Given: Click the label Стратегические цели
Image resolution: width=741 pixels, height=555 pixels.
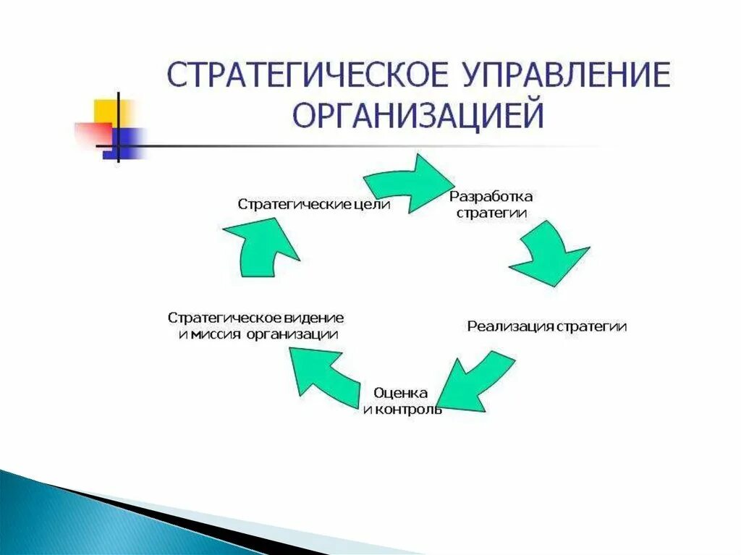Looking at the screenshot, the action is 314,205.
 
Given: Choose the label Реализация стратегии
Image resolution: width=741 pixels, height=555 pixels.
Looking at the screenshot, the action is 547,326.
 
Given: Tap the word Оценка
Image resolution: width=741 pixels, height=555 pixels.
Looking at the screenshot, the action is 401,393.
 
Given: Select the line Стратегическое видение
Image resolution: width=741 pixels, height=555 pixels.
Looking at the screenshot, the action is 256,318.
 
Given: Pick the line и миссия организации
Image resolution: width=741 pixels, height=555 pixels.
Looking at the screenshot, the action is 258,334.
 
